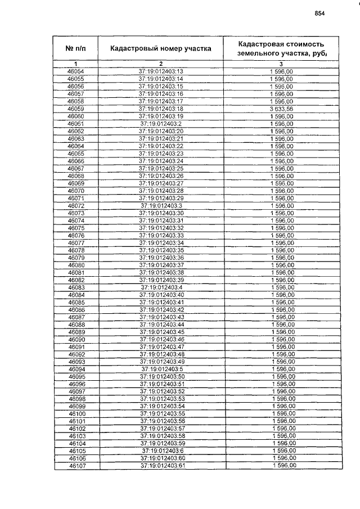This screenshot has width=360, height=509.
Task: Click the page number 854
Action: [320, 13]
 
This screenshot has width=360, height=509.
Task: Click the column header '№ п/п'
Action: [75, 49]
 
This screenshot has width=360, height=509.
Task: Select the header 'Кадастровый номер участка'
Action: [161, 49]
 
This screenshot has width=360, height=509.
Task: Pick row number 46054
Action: [75, 71]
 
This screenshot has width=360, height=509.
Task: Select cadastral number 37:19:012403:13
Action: [161, 71]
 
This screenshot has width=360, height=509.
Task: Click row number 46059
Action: [75, 109]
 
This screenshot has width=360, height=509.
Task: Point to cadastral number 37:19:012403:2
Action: [161, 124]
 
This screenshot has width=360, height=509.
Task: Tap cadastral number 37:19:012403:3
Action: [161, 206]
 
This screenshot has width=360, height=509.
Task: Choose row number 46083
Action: [76, 287]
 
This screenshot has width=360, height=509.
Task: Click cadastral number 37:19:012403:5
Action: [161, 369]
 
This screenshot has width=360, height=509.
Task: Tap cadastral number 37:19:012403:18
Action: [161, 109]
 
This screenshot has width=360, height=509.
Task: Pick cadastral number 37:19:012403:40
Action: [161, 295]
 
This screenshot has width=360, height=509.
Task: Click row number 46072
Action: [75, 206]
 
